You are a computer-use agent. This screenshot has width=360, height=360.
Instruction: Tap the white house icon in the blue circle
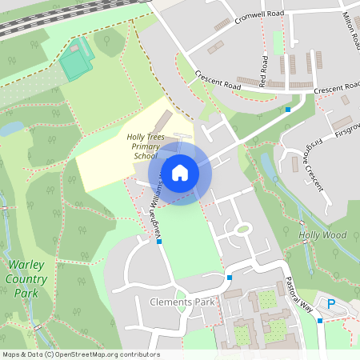[180, 172]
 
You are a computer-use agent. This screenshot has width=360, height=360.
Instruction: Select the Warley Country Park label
[26, 278]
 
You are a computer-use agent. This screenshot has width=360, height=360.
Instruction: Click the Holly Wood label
[322, 235]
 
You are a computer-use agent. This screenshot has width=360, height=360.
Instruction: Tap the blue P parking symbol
[332, 303]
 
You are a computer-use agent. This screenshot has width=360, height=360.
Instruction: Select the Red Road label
[264, 72]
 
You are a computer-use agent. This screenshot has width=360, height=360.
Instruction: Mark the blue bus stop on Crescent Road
[288, 109]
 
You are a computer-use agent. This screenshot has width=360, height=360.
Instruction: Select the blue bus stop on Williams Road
[160, 241]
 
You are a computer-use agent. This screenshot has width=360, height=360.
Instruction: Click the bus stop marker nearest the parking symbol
[320, 321]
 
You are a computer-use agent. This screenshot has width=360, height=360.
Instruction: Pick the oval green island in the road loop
[243, 229]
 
